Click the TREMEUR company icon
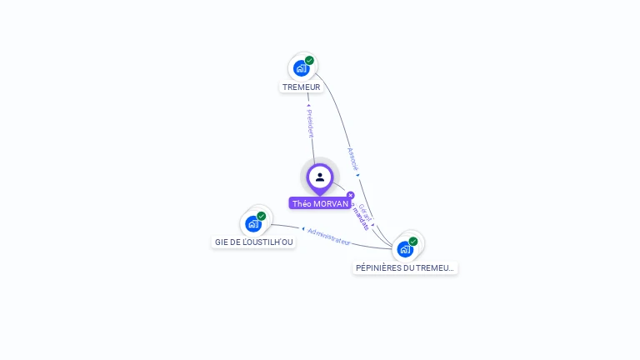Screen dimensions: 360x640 click(x=301, y=67)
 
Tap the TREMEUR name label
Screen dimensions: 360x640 click(x=301, y=87)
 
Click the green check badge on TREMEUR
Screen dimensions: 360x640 click(x=309, y=60)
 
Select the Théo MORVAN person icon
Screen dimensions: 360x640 click(x=320, y=177)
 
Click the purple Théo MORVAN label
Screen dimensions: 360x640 click(x=320, y=203)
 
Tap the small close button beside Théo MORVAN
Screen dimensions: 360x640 click(x=350, y=195)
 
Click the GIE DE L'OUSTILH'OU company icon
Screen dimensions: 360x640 click(x=253, y=223)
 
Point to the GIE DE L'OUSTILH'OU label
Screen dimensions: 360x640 click(x=253, y=242)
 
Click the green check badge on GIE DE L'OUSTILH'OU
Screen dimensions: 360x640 click(x=262, y=216)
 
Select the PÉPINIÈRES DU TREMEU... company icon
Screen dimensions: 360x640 click(x=405, y=248)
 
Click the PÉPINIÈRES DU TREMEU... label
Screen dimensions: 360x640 click(x=405, y=267)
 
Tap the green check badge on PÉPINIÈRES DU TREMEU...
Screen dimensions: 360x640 click(x=413, y=241)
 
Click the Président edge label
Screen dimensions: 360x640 click(x=310, y=123)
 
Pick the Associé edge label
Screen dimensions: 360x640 click(x=352, y=158)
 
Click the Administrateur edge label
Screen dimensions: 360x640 click(x=329, y=236)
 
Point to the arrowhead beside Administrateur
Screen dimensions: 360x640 click(x=302, y=228)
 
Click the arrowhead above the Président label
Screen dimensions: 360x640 click(x=308, y=106)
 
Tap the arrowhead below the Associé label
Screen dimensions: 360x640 click(x=358, y=175)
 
